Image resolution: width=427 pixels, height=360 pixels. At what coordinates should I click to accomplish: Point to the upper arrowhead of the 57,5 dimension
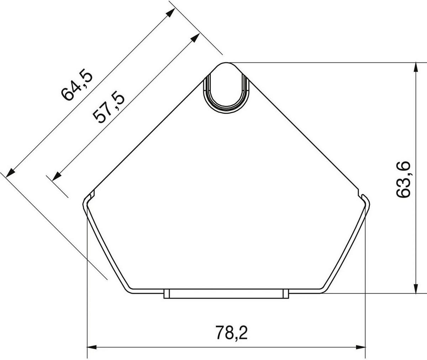(x=195, y=38)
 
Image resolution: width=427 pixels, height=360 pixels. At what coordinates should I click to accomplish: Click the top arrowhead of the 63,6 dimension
(x=415, y=68)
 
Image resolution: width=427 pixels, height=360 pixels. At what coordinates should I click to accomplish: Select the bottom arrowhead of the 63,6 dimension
(x=415, y=289)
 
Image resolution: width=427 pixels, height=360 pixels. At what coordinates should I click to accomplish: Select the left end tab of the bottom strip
(x=166, y=294)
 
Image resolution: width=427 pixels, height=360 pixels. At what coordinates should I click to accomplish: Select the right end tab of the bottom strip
(x=285, y=294)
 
